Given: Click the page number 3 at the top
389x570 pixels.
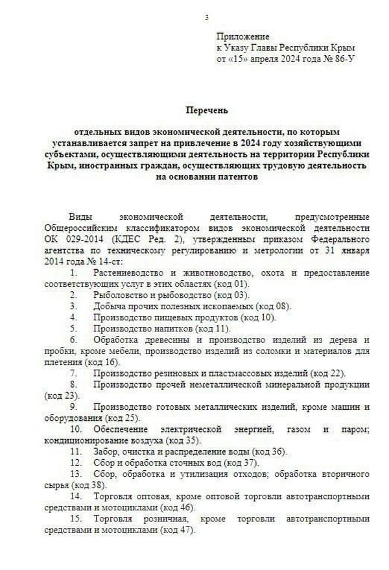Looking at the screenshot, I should (x=206, y=17).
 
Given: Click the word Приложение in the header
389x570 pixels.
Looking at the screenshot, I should (x=242, y=37).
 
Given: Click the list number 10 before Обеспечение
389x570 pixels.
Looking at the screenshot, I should (x=76, y=429).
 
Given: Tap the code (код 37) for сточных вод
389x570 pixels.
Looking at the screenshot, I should (x=241, y=462).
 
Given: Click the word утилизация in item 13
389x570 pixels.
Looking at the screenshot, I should (x=188, y=474).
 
